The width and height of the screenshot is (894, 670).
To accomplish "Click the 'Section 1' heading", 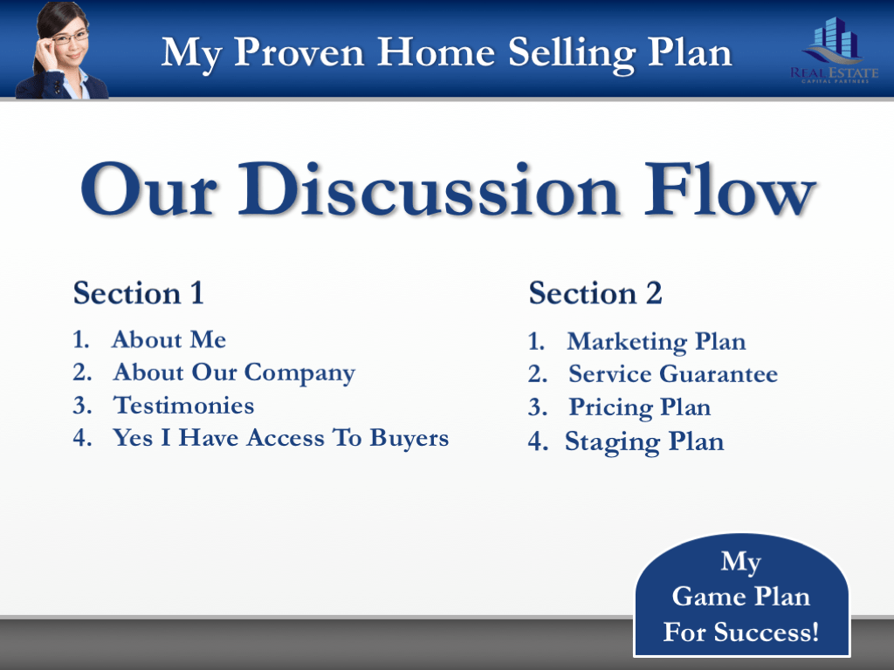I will click(x=138, y=293).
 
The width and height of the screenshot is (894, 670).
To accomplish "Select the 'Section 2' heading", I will click(x=595, y=293).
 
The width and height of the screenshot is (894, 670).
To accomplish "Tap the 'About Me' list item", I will click(x=168, y=339).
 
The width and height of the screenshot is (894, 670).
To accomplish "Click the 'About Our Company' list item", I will click(x=233, y=373).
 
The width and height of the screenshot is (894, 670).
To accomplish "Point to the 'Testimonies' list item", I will click(x=184, y=406).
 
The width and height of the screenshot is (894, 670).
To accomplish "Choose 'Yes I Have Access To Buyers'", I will click(x=280, y=438).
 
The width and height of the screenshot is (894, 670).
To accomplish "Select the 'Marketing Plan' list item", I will click(x=656, y=341).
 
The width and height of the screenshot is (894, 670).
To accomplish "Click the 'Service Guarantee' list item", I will click(x=672, y=374).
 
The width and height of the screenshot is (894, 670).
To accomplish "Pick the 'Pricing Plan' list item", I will click(x=639, y=407).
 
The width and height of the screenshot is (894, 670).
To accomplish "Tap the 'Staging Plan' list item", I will click(x=644, y=441).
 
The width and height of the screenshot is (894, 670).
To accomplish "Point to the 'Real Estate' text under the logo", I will click(x=834, y=73).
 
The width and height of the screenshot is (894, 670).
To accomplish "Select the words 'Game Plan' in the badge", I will click(x=740, y=597).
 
